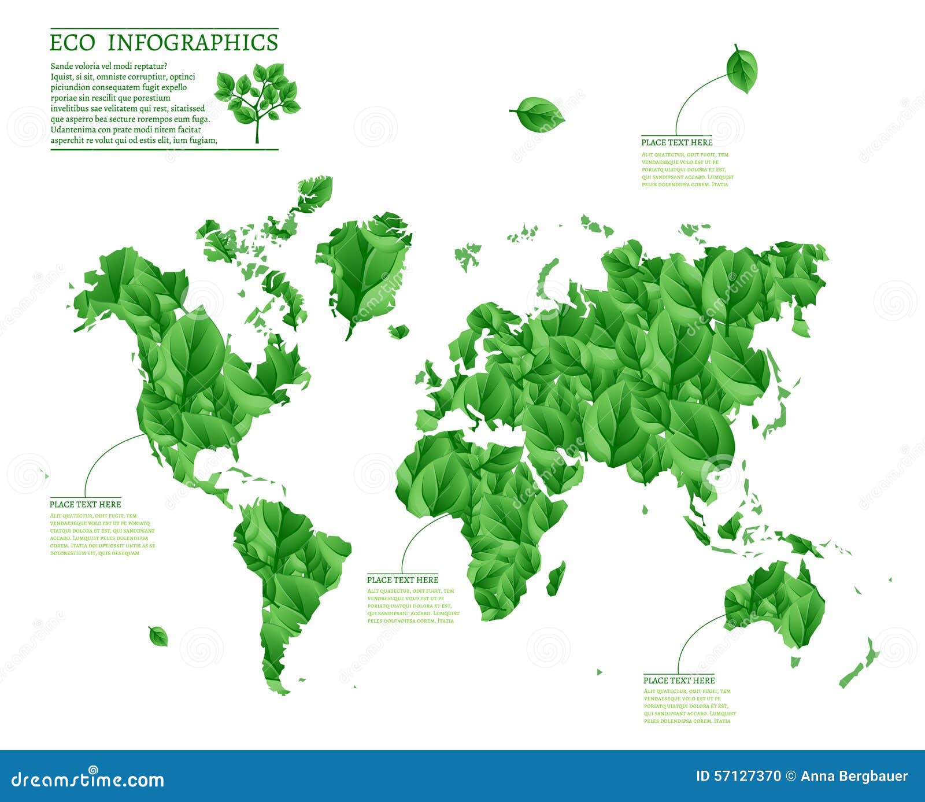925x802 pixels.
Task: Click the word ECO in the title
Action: click(72, 43)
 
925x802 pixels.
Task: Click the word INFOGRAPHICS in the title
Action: click(193, 43)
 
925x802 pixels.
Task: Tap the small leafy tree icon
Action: click(257, 98)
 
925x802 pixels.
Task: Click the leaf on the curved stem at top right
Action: click(742, 69)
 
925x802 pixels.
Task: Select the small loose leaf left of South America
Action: click(158, 636)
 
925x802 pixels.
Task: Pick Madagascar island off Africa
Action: click(556, 578)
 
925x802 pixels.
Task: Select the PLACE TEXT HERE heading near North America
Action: click(85, 504)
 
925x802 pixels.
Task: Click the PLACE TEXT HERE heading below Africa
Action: click(402, 579)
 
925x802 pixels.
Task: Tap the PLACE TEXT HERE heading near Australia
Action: click(679, 680)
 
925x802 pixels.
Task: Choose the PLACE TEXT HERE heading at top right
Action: click(676, 142)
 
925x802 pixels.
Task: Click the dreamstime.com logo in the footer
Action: click(88, 779)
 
